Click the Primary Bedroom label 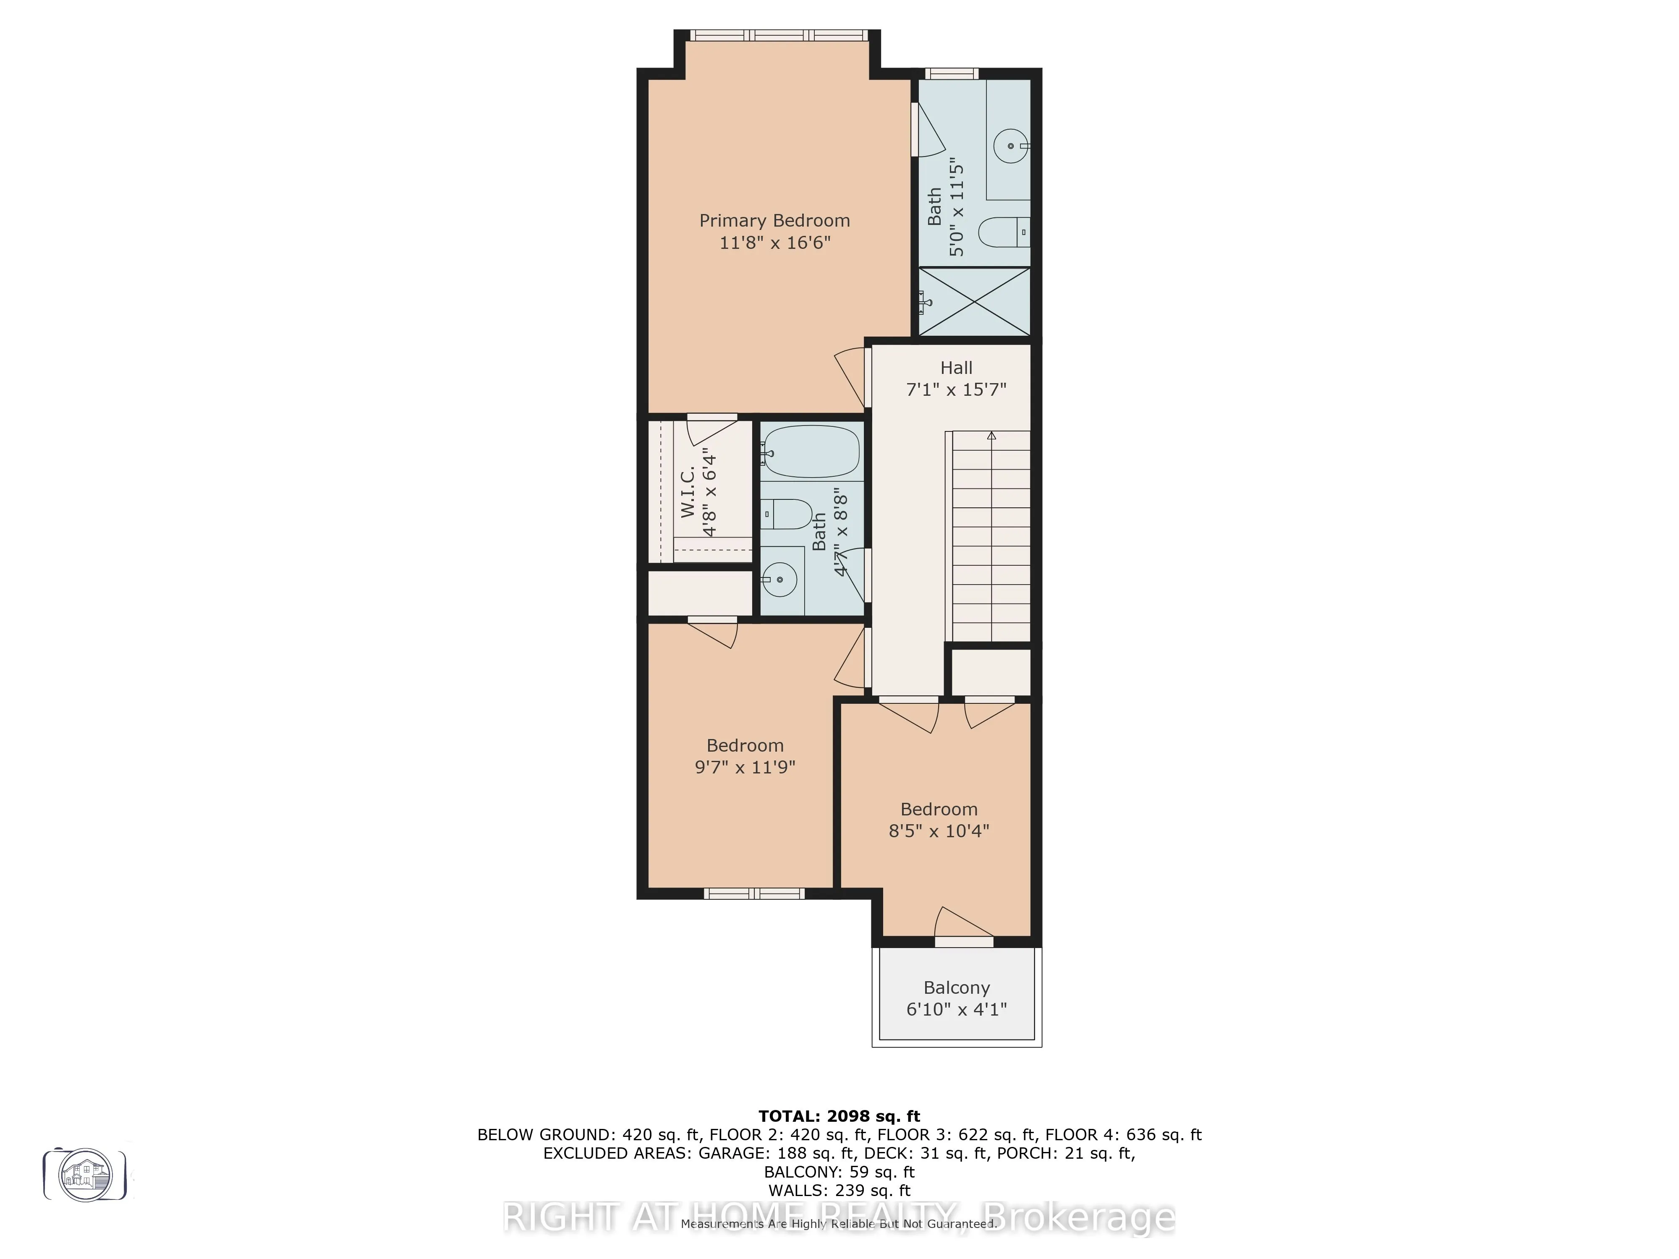click(x=774, y=221)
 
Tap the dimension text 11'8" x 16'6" click(x=774, y=243)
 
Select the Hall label click(x=956, y=368)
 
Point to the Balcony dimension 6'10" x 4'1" click(x=956, y=1009)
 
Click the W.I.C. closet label click(x=688, y=493)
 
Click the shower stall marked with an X click(x=975, y=301)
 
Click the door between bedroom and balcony click(x=963, y=941)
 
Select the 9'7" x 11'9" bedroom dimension click(x=745, y=767)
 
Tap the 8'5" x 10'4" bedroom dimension click(x=939, y=831)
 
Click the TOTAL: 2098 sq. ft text click(x=839, y=1116)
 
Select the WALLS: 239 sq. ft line click(x=839, y=1191)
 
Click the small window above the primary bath click(x=952, y=73)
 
